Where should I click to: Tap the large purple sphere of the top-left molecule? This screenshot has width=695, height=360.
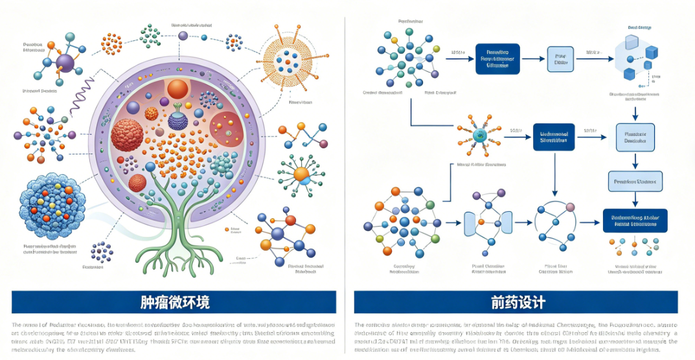click(x=65, y=63)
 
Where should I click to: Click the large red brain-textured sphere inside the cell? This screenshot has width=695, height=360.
click(x=127, y=135)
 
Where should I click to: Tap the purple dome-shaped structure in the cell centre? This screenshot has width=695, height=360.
click(x=177, y=119)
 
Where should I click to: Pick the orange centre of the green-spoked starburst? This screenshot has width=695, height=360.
click(x=301, y=174)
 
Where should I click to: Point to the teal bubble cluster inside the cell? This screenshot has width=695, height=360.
click(x=222, y=164)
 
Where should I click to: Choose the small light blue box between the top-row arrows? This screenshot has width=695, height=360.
click(x=560, y=59)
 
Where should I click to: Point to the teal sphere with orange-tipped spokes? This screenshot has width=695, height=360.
click(x=480, y=135)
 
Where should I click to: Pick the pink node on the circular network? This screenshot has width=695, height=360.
click(x=570, y=207)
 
